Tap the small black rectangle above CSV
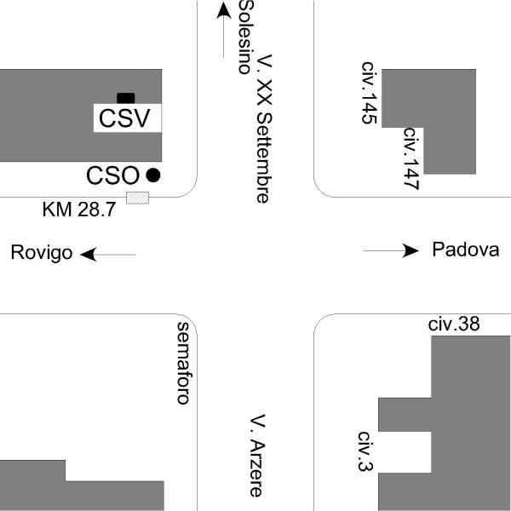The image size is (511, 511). point(125,97)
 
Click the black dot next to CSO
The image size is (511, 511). point(153,175)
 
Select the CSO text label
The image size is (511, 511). point(112,175)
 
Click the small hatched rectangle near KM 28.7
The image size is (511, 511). point(137,198)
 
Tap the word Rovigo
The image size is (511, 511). point(41,254)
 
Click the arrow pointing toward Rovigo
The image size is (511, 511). point(109,254)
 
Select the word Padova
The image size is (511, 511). point(465,250)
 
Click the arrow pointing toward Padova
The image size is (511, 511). point(391,250)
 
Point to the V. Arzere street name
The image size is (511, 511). point(259,456)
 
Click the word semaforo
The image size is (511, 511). point(181,364)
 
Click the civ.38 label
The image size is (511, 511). point(454,324)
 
